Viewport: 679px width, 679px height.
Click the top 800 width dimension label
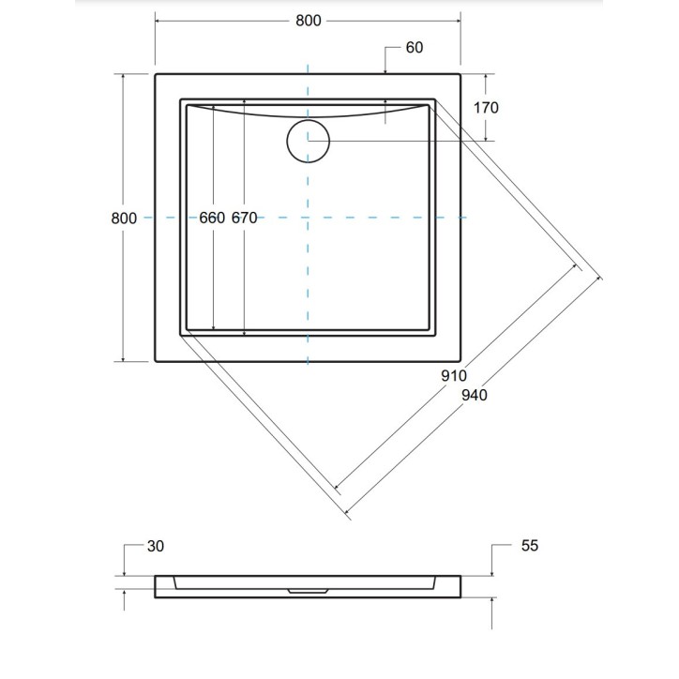pos(307,21)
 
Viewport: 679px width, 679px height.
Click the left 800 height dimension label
pos(124,218)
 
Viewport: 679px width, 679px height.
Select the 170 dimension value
pos(486,107)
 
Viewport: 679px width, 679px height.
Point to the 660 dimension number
pos(213,218)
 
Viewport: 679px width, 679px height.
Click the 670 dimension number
pos(244,218)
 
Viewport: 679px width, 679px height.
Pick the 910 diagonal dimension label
pos(453,375)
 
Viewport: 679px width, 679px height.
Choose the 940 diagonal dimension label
pos(474,395)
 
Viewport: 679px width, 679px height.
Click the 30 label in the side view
pos(156,546)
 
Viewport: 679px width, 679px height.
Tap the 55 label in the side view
pos(529,546)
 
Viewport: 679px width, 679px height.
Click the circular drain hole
pos(308,141)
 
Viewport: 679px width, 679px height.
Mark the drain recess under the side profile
pos(308,592)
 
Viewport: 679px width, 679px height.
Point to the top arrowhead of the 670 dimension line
pos(244,101)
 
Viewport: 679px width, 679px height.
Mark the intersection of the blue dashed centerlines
pos(308,218)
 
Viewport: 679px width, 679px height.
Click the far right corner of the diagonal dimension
pos(600,279)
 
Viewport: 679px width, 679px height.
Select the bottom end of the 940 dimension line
pos(348,515)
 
